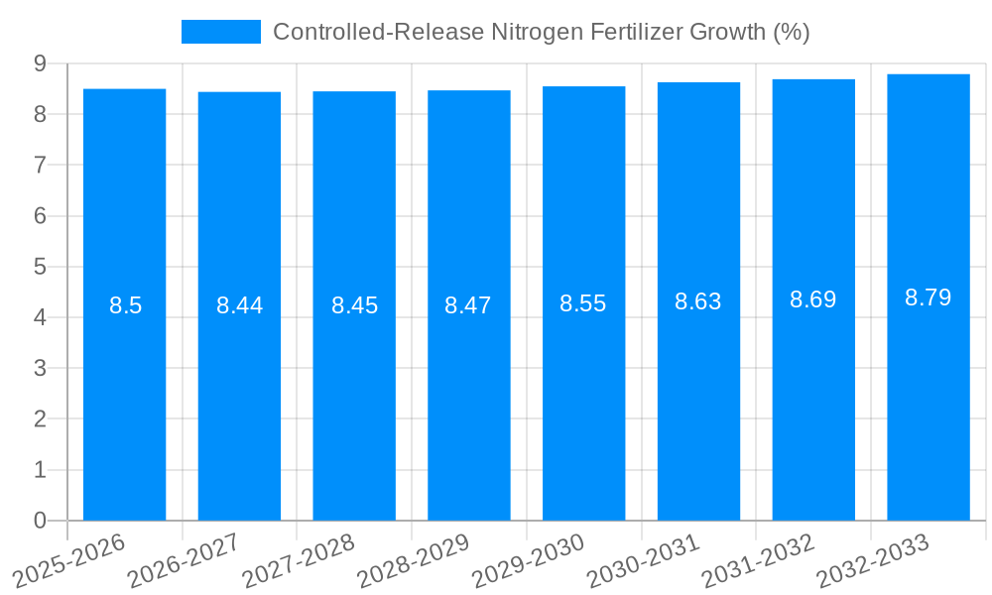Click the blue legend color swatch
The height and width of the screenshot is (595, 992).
(220, 32)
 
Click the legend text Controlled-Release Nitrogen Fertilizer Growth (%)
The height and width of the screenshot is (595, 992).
(541, 32)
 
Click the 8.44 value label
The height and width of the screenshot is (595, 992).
(240, 305)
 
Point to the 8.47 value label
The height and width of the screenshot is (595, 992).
(468, 305)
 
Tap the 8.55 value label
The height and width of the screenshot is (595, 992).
(583, 303)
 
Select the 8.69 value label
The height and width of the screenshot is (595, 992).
(813, 299)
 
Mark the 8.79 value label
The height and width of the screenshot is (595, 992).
(929, 297)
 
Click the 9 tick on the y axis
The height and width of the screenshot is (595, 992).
(40, 63)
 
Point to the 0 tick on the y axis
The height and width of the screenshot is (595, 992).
(40, 521)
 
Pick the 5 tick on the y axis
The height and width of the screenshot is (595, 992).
(40, 267)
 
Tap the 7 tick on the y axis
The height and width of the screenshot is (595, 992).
(40, 165)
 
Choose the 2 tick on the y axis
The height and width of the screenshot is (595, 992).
(40, 419)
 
